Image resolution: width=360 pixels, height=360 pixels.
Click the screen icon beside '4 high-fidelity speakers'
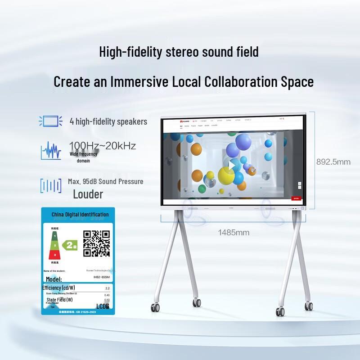click(50, 121)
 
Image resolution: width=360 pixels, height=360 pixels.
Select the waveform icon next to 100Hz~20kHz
click(51, 151)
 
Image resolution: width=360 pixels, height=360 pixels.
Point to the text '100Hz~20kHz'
click(102, 146)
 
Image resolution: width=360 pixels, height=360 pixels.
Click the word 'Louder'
click(88, 194)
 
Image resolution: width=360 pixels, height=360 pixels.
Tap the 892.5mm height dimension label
click(333, 162)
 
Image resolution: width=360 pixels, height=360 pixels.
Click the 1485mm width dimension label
click(234, 233)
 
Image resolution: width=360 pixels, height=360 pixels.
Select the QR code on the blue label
click(97, 243)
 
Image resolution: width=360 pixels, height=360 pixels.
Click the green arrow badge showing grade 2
click(71, 245)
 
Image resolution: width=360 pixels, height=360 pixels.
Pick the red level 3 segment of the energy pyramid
click(55, 255)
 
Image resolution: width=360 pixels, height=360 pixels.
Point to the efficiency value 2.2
click(107, 288)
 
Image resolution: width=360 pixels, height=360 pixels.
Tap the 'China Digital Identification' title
click(80, 215)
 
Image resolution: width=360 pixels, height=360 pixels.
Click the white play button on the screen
click(232, 166)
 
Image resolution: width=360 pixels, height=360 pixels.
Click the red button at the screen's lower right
click(296, 197)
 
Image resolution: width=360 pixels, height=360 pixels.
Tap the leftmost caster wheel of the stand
click(155, 308)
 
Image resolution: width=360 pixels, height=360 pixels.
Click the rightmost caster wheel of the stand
click(309, 306)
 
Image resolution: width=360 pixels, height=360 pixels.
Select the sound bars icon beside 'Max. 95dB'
click(51, 186)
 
